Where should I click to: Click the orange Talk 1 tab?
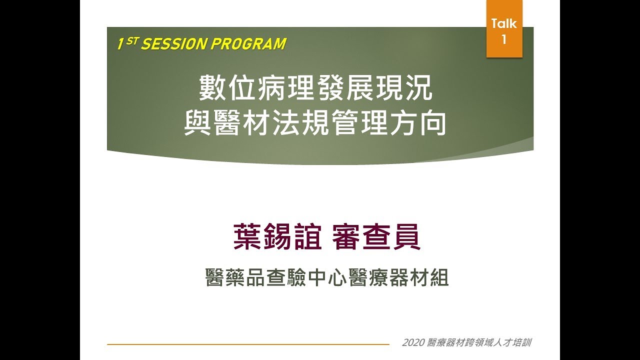click(x=504, y=29)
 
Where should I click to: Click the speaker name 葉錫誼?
click(x=277, y=237)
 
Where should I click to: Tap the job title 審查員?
click(x=376, y=237)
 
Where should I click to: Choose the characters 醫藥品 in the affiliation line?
click(x=235, y=277)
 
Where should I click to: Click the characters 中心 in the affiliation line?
click(x=316, y=277)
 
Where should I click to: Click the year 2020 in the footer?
click(x=413, y=343)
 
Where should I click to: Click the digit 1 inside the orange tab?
click(x=504, y=39)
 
